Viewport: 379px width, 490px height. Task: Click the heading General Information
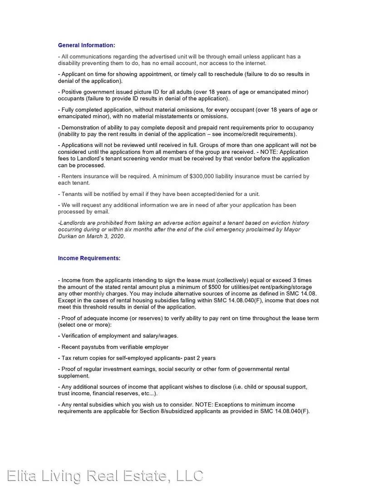86,45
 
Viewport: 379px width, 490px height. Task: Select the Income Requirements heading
89,258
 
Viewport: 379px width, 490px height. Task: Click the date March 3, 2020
106,236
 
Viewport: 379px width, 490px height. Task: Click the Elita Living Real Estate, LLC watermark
105,476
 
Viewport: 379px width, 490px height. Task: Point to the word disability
70,64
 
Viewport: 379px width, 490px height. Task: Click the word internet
256,64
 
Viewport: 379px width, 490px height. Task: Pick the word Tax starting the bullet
66,358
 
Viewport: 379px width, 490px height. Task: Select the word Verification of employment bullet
78,336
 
